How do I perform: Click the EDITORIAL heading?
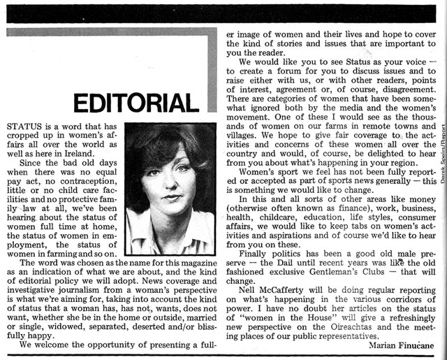pyautogui.click(x=135, y=103)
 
